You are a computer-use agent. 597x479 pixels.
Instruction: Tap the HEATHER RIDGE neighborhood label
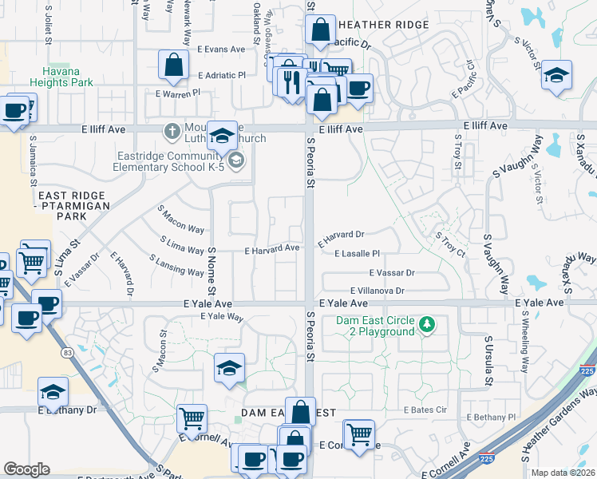pyautogui.click(x=383, y=25)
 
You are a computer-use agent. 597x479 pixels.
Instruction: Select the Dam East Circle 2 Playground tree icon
pyautogui.click(x=428, y=324)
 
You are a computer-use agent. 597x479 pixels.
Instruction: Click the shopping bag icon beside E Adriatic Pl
pyautogui.click(x=173, y=65)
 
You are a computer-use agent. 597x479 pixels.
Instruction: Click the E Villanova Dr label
pyautogui.click(x=377, y=291)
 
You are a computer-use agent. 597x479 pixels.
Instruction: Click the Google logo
pyautogui.click(x=26, y=469)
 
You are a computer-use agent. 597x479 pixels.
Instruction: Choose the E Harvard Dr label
pyautogui.click(x=341, y=235)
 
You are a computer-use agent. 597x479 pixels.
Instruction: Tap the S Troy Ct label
pyautogui.click(x=450, y=243)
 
